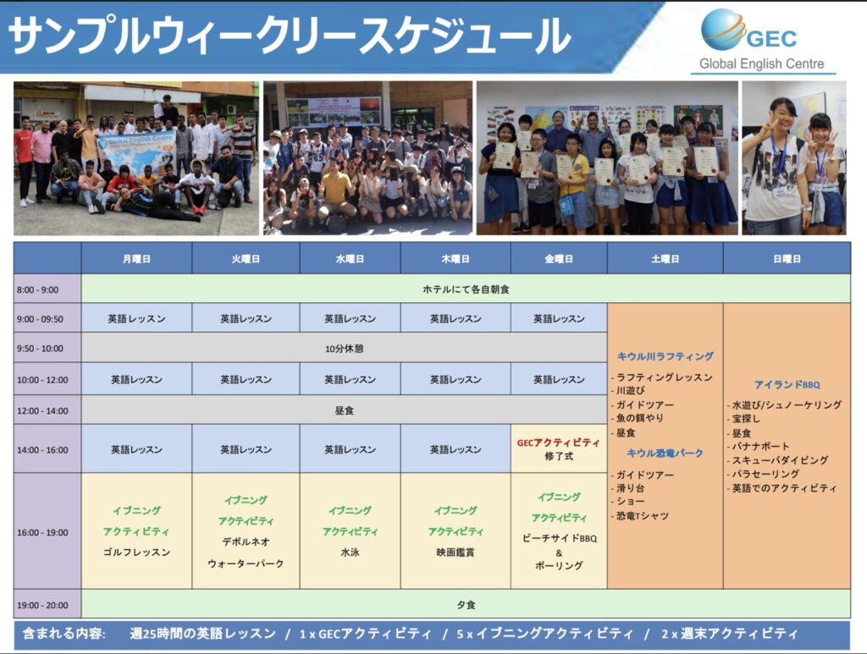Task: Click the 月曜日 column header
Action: [136, 259]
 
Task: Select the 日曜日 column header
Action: [787, 259]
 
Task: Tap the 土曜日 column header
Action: [665, 259]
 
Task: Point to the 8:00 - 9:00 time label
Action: [37, 289]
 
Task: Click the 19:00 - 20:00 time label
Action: [42, 605]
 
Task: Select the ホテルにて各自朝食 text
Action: [466, 289]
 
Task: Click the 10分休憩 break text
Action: [344, 349]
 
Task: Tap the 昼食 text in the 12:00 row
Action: [344, 410]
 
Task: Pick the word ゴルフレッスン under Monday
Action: [136, 552]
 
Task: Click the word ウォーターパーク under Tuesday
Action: [246, 563]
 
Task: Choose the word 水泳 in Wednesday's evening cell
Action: [350, 552]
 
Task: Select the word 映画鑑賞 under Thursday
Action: [455, 552]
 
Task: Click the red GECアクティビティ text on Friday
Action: [559, 442]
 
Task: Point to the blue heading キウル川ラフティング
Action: [665, 356]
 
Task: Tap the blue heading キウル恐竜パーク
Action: [665, 453]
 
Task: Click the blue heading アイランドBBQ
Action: [787, 384]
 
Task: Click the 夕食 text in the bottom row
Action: [466, 605]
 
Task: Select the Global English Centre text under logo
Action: [761, 63]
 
